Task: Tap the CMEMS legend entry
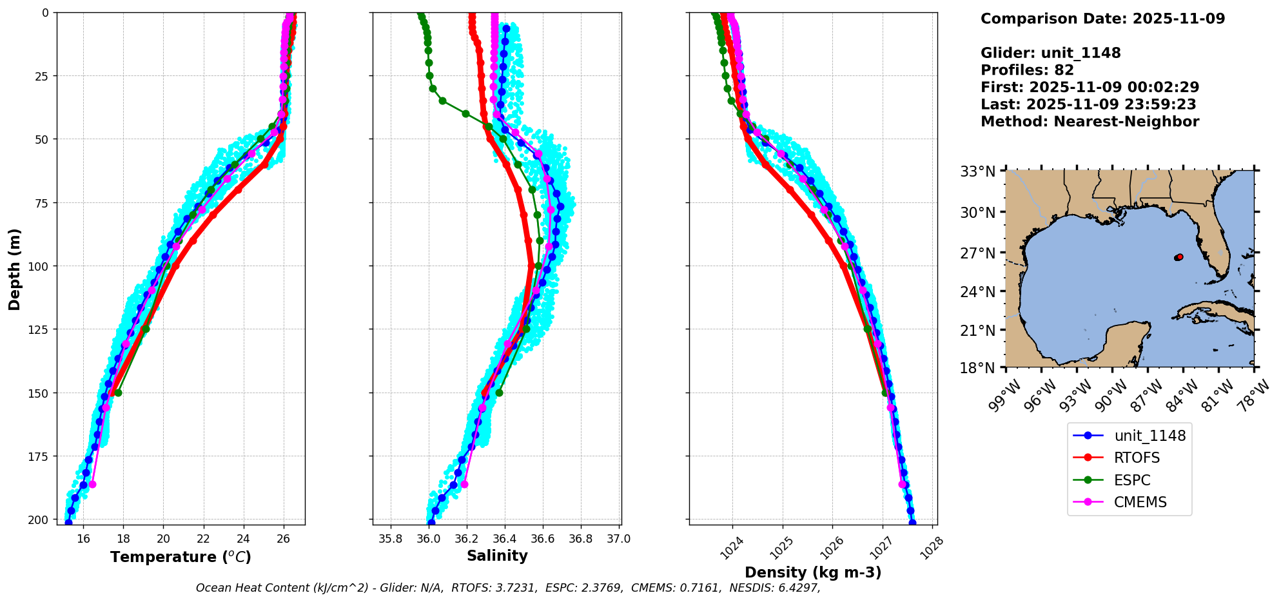pyautogui.click(x=1140, y=502)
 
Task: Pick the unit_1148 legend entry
pyautogui.click(x=1149, y=436)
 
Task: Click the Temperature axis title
pyautogui.click(x=181, y=557)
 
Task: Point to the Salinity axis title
pyautogui.click(x=497, y=556)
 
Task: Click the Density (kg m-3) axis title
pyautogui.click(x=813, y=572)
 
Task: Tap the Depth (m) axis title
pyautogui.click(x=15, y=269)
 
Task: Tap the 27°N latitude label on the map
pyautogui.click(x=977, y=253)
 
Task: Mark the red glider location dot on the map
pyautogui.click(x=1179, y=257)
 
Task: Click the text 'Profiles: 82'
pyautogui.click(x=1027, y=70)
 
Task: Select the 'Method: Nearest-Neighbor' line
pyautogui.click(x=1090, y=122)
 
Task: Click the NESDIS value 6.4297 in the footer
pyautogui.click(x=800, y=588)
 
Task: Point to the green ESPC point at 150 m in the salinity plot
pyautogui.click(x=499, y=393)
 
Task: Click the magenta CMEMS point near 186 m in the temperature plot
pyautogui.click(x=92, y=484)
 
